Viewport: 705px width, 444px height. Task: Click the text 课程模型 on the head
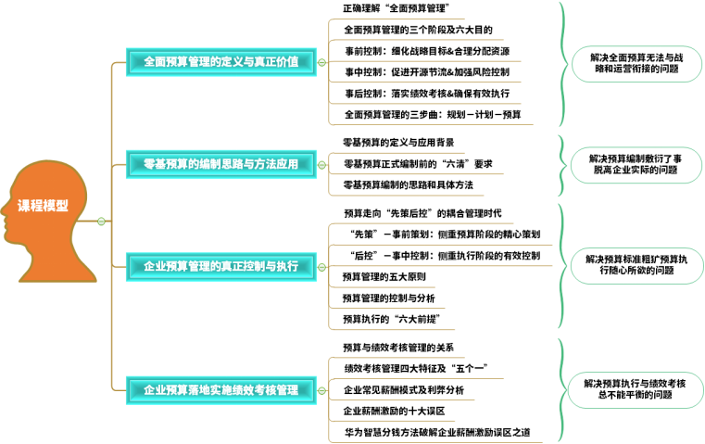[43, 206]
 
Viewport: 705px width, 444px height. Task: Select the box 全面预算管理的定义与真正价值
[220, 62]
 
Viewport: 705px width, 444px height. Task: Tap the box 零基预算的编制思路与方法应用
[220, 164]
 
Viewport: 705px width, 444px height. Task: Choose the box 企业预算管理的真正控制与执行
[220, 266]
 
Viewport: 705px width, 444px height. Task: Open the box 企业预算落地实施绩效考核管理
[220, 390]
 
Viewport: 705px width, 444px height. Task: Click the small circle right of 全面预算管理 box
[321, 63]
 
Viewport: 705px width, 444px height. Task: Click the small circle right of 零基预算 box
[321, 165]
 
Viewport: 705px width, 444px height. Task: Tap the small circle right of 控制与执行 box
[321, 267]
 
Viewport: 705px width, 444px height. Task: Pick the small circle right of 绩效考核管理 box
[321, 391]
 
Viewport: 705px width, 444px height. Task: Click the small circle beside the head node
[102, 222]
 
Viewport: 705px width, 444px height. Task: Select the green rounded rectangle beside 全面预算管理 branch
[636, 64]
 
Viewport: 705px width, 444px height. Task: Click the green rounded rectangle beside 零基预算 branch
[636, 165]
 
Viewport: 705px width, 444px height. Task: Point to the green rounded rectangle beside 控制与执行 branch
[636, 266]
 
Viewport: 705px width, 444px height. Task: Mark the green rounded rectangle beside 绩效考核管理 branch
[636, 390]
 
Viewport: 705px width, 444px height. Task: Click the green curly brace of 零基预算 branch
[562, 165]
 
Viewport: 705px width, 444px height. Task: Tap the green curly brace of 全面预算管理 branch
[562, 63]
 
